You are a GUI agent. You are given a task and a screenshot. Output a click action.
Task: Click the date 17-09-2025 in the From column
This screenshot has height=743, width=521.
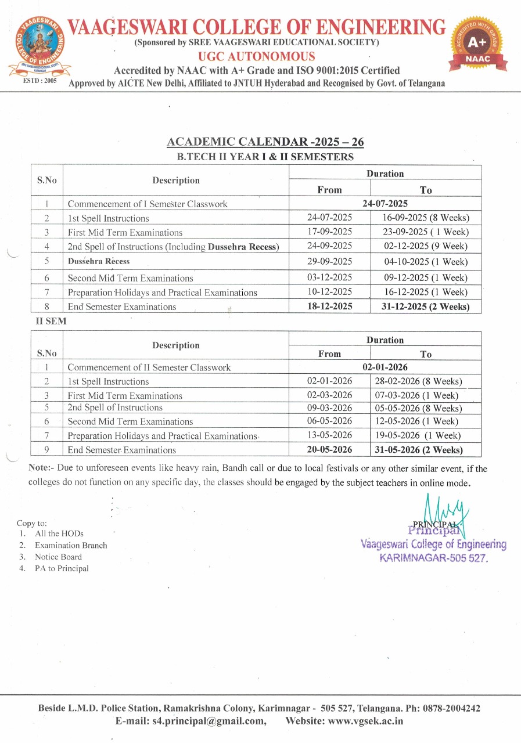329,232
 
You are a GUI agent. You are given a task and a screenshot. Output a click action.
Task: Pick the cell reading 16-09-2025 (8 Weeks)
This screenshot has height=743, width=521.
426,218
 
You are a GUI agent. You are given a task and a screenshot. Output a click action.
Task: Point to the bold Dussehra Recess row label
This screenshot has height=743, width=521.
99,261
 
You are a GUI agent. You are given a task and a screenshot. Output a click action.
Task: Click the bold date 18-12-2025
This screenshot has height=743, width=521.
329,306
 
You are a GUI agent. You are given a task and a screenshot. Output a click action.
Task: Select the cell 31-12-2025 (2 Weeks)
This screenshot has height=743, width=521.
426,306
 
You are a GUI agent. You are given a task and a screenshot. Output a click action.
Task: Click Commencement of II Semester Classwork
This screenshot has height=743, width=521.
149,367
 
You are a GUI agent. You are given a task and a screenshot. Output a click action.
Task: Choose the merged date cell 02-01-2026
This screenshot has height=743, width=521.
385,367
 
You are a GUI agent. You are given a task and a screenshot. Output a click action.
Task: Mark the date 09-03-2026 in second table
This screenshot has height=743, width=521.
329,407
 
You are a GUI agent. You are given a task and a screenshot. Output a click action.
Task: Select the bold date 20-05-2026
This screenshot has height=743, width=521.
329,449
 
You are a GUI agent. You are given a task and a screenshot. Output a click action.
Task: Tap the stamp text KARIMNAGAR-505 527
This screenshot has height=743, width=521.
433,557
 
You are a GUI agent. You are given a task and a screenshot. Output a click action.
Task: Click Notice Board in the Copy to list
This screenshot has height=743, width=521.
58,557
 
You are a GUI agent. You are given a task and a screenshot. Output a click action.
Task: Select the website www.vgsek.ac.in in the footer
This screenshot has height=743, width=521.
365,722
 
